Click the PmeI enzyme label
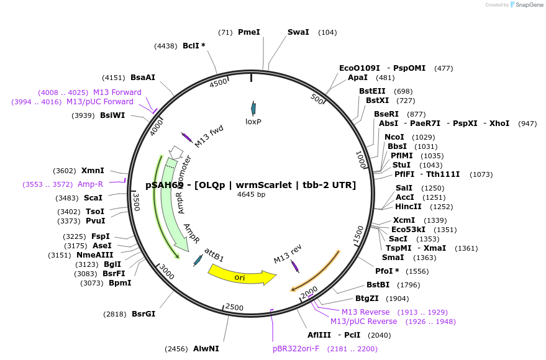click(249, 32)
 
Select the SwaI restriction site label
click(298, 32)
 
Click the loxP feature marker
click(253, 108)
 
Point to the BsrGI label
click(143, 314)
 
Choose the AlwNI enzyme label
click(206, 349)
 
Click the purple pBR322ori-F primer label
click(296, 349)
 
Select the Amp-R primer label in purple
click(90, 184)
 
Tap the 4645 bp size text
click(251, 195)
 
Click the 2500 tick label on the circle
click(234, 307)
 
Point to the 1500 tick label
click(358, 235)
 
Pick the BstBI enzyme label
click(378, 285)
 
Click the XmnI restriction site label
click(93, 171)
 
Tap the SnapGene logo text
click(527, 5)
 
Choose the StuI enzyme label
click(401, 165)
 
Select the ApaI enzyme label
click(357, 78)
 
